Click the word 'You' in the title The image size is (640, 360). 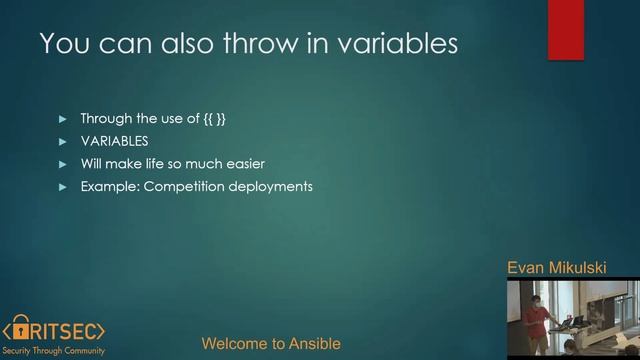pos(62,44)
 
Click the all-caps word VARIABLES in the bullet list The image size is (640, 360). pos(114,142)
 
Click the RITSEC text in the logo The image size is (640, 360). pos(70,328)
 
